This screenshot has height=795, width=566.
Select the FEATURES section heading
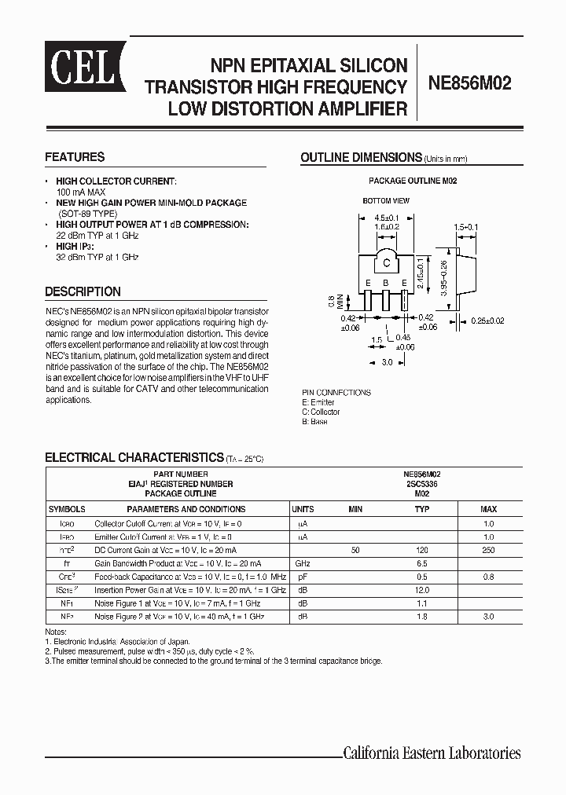pyautogui.click(x=75, y=157)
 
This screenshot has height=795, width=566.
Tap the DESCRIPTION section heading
pyautogui.click(x=83, y=291)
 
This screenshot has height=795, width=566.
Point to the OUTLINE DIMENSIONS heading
pyautogui.click(x=361, y=158)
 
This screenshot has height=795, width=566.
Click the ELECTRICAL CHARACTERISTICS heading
pyautogui.click(x=134, y=457)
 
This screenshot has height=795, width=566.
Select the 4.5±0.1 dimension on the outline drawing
pyautogui.click(x=387, y=217)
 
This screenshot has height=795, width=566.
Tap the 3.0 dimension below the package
pyautogui.click(x=387, y=362)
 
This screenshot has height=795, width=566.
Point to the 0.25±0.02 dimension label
pyautogui.click(x=488, y=321)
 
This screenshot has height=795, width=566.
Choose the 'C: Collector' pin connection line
pyautogui.click(x=321, y=412)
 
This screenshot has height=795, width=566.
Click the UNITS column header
pyautogui.click(x=303, y=509)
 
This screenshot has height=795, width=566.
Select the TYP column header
pyautogui.click(x=422, y=509)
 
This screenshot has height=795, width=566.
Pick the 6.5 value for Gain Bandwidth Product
pyautogui.click(x=422, y=564)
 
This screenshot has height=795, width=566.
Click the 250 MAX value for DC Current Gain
pyautogui.click(x=488, y=550)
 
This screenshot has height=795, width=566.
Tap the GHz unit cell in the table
pyautogui.click(x=303, y=564)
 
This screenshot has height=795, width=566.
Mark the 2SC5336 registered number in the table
pyautogui.click(x=422, y=484)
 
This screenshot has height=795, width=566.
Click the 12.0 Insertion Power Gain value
pyautogui.click(x=422, y=590)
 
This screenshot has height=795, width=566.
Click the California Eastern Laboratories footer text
pyautogui.click(x=432, y=753)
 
